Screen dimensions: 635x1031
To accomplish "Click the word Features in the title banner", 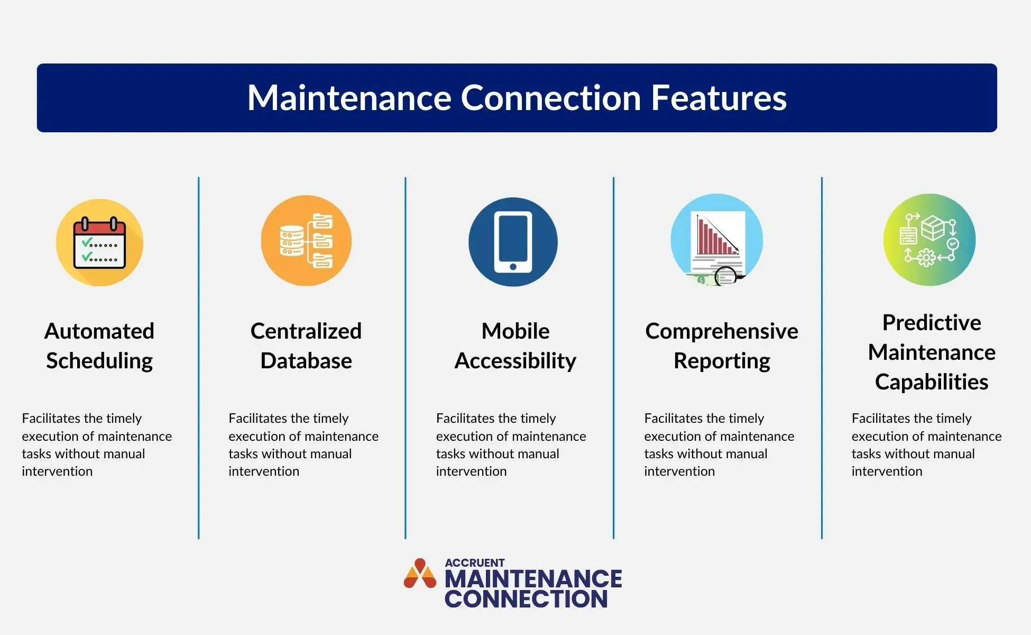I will [719, 98].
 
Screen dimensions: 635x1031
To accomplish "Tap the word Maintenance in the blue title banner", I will [349, 98].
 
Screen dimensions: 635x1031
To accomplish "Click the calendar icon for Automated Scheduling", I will [99, 242].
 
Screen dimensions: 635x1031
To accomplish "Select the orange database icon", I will [306, 241].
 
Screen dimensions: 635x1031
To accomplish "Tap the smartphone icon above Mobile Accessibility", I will [513, 242].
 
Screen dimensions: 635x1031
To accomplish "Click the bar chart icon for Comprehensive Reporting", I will [717, 241].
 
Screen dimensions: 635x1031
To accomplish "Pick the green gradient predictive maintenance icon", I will [929, 240].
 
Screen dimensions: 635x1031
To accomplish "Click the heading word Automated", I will [99, 331].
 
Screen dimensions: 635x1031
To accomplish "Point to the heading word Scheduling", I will [99, 361].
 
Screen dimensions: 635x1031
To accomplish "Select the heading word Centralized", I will [306, 331].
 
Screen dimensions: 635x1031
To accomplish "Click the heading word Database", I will [306, 361].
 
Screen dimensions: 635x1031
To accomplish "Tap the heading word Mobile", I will [515, 331].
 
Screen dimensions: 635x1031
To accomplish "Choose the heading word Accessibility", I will [515, 361].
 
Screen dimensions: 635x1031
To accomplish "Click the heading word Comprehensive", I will [722, 331].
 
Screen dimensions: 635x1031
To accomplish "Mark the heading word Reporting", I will [722, 361].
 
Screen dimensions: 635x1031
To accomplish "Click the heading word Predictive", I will [932, 323].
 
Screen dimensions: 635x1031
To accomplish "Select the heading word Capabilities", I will [932, 382].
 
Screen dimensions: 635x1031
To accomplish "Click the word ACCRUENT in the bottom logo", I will [475, 563].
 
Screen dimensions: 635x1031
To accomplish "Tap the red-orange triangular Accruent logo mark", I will [420, 574].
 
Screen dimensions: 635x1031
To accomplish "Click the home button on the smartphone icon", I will [513, 267].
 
